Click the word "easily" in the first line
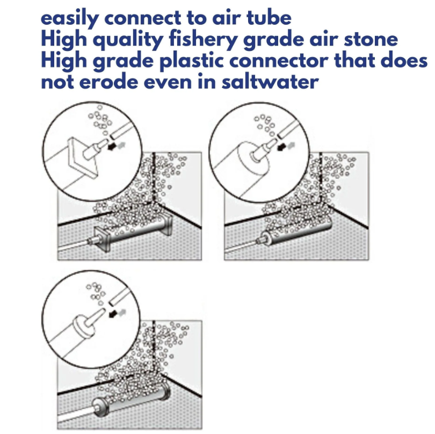(x=70, y=19)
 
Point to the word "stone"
(x=371, y=40)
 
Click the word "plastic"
(x=192, y=61)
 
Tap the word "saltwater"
(x=270, y=82)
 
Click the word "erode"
(x=108, y=82)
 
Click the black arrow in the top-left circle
(x=112, y=147)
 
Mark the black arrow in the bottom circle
(x=113, y=314)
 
